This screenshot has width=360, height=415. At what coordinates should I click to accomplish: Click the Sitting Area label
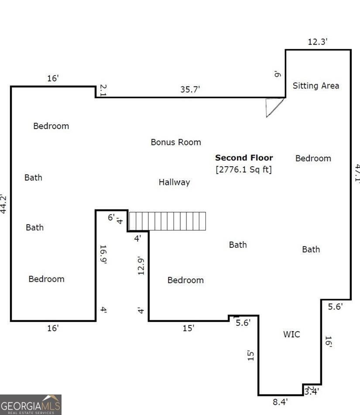315,86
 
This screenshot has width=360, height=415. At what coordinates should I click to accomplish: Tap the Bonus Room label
176,142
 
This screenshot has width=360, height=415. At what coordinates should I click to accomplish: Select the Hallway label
174,182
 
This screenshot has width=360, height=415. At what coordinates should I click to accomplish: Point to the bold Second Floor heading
244,158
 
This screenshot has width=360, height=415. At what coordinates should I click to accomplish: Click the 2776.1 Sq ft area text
243,169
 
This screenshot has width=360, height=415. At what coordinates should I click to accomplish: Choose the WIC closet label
291,334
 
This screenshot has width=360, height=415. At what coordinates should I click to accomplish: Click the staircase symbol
167,221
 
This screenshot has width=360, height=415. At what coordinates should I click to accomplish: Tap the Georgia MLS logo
31,405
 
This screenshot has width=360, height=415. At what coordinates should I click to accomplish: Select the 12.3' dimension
317,42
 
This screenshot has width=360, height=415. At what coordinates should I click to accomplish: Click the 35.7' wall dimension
190,89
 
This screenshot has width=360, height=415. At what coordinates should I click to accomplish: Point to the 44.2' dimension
4,204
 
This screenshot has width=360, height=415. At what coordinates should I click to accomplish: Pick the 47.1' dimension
357,173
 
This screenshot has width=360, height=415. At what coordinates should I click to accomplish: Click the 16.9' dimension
103,254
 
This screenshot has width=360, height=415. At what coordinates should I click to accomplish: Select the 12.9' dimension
141,265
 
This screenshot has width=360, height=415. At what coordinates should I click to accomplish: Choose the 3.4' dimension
311,391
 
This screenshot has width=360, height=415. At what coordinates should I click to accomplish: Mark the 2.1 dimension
103,90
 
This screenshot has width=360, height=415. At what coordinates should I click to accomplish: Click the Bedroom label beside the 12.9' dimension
185,280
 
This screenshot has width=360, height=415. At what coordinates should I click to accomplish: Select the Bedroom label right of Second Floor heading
313,158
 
